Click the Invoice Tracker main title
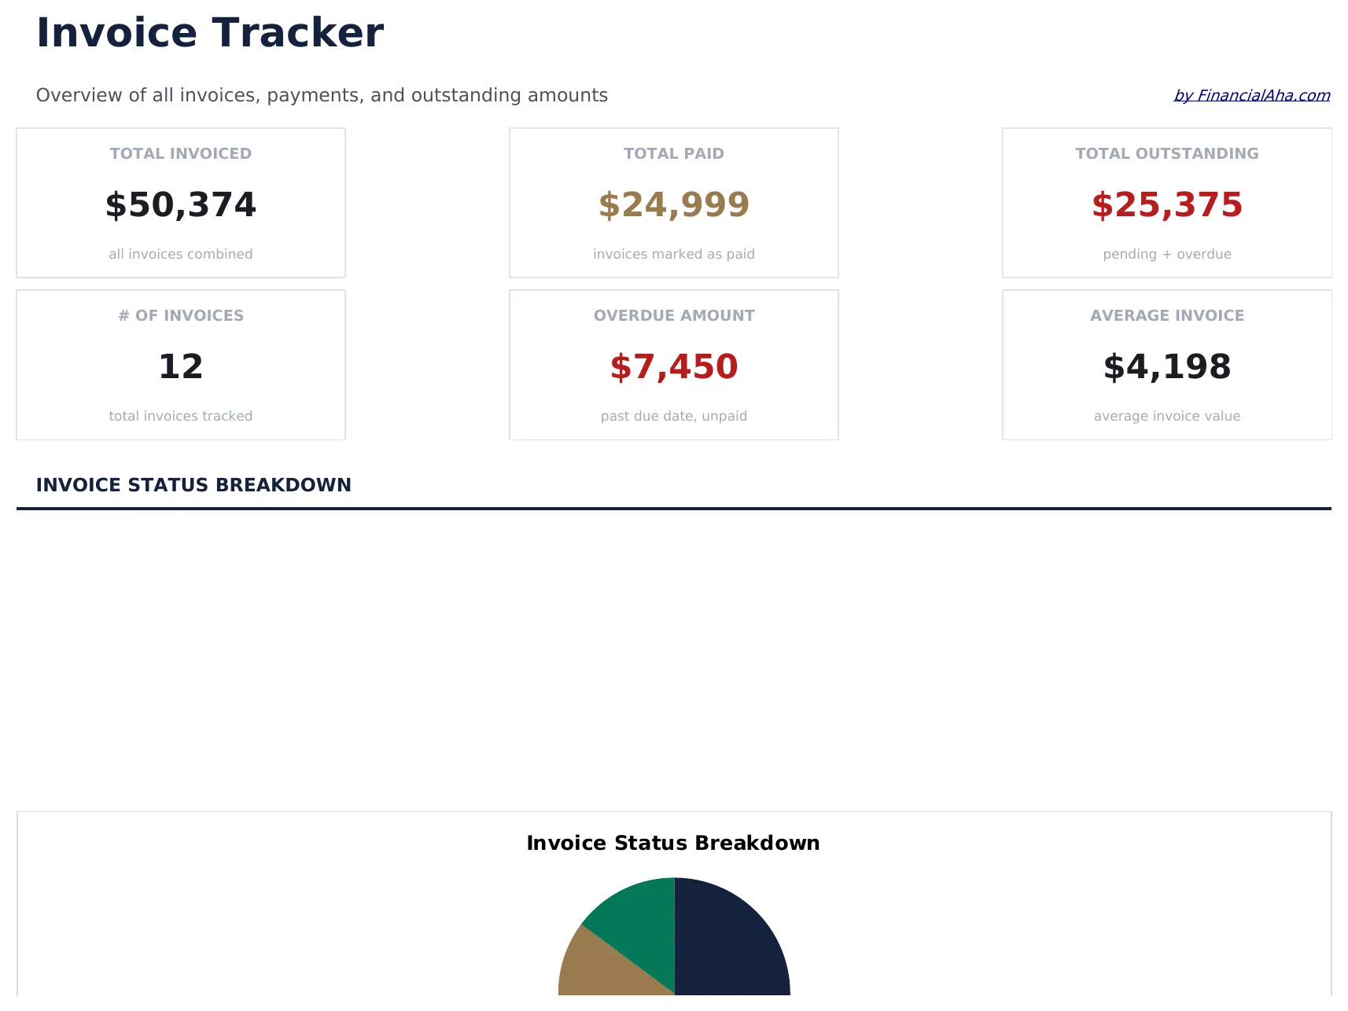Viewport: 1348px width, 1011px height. [x=210, y=33]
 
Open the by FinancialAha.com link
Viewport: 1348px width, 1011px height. [x=1251, y=95]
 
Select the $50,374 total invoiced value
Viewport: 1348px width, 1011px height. [x=181, y=205]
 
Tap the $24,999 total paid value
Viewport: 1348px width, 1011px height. [x=674, y=205]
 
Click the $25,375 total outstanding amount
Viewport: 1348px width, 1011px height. [x=1167, y=205]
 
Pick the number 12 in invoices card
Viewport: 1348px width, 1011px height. [x=181, y=367]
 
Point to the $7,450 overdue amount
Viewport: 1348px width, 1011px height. [x=674, y=367]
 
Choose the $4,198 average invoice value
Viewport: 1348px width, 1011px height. [x=1167, y=367]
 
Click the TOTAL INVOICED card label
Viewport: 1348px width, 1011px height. [x=181, y=154]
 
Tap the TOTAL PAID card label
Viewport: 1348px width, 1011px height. [x=674, y=154]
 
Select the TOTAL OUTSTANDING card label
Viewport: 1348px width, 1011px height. [x=1167, y=154]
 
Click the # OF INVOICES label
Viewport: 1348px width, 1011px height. [x=181, y=316]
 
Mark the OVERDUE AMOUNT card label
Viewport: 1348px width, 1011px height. [x=674, y=316]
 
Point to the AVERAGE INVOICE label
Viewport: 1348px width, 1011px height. [x=1167, y=316]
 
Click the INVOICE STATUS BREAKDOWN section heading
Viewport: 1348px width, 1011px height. [x=193, y=485]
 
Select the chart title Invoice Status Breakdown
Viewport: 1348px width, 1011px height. [x=673, y=844]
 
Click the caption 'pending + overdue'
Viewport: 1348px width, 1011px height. [x=1167, y=254]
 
